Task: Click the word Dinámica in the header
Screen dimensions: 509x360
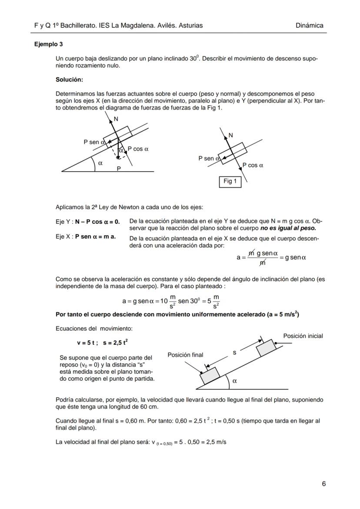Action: click(309, 25)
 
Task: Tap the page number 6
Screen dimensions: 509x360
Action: click(323, 483)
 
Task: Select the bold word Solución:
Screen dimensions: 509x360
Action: click(69, 80)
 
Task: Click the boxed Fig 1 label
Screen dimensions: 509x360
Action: click(230, 181)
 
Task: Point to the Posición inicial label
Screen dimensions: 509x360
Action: click(303, 336)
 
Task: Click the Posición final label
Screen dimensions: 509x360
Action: click(185, 355)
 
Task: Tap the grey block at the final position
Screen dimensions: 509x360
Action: click(210, 375)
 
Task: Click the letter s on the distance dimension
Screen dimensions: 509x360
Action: click(235, 353)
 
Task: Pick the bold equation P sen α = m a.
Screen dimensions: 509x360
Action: click(95, 237)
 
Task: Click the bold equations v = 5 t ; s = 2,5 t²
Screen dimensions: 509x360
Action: click(103, 343)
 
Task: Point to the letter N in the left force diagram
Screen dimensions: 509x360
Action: click(116, 119)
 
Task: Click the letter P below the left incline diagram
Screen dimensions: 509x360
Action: click(118, 169)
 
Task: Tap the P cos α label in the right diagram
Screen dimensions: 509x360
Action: click(253, 165)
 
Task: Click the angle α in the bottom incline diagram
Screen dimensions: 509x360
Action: click(235, 381)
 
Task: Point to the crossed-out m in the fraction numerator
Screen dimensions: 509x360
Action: click(251, 253)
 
